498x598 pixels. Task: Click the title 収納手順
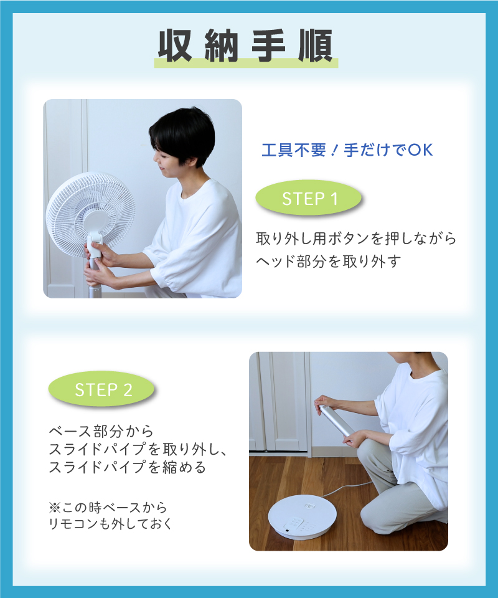click(246, 45)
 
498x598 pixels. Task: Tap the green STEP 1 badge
click(308, 198)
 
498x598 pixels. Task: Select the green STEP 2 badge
click(101, 389)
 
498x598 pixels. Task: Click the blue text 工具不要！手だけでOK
click(347, 150)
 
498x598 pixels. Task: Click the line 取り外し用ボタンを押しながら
click(356, 239)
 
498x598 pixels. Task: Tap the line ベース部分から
click(101, 431)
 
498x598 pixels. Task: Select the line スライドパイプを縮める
click(127, 467)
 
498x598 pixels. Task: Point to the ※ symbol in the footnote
click(55, 508)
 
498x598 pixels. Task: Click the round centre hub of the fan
click(95, 222)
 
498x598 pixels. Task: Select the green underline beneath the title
click(246, 64)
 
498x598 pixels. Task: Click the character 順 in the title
click(316, 45)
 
